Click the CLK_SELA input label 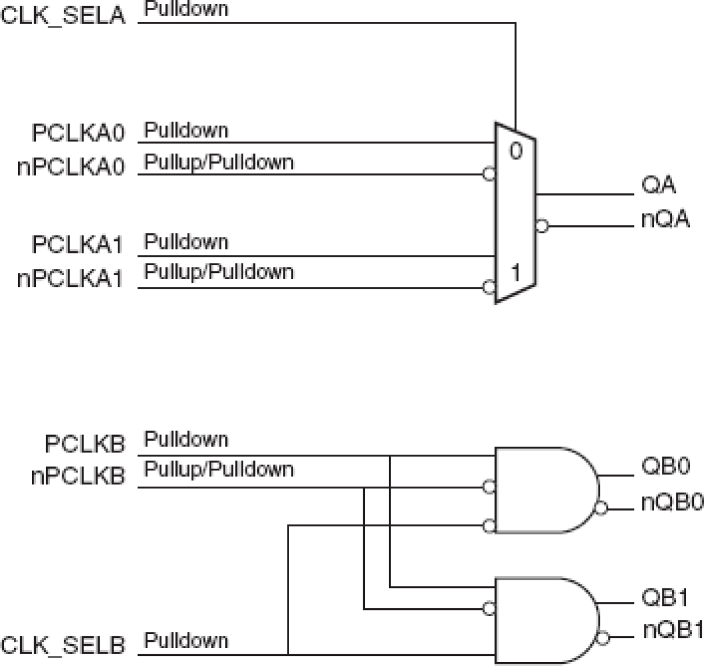click(x=63, y=15)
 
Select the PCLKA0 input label click(x=78, y=133)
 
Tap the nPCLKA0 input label click(x=71, y=166)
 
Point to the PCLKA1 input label click(x=77, y=245)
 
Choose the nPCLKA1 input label click(x=70, y=278)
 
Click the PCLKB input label click(x=85, y=445)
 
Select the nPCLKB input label click(x=77, y=477)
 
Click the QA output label click(x=659, y=186)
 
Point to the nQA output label click(x=665, y=219)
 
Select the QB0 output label click(x=665, y=466)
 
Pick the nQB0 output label click(x=672, y=502)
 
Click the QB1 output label click(x=665, y=598)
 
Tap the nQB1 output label click(x=673, y=630)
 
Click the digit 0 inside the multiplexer click(x=516, y=151)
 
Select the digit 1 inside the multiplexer click(x=516, y=273)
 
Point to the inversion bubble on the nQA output click(x=541, y=226)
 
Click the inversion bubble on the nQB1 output click(x=603, y=637)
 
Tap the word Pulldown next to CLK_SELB click(x=186, y=640)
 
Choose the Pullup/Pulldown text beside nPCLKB click(x=219, y=469)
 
